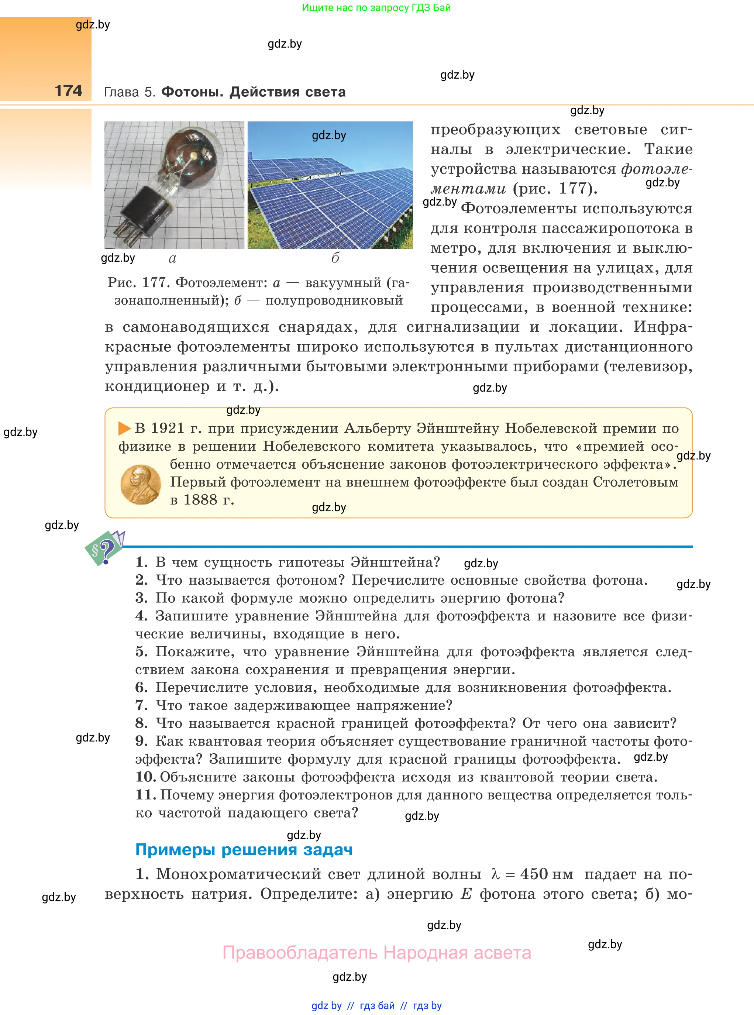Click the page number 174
click(x=69, y=91)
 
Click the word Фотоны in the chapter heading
click(x=192, y=92)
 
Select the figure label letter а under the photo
click(x=172, y=259)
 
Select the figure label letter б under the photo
click(x=335, y=258)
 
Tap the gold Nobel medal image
click(x=141, y=484)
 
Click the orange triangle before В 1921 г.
click(x=124, y=428)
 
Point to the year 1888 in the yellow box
click(x=200, y=500)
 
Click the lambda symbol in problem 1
click(x=495, y=874)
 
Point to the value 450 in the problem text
click(x=534, y=874)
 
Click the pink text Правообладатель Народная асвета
click(x=376, y=953)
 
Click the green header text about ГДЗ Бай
click(x=376, y=8)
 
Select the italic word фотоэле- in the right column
click(x=656, y=169)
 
